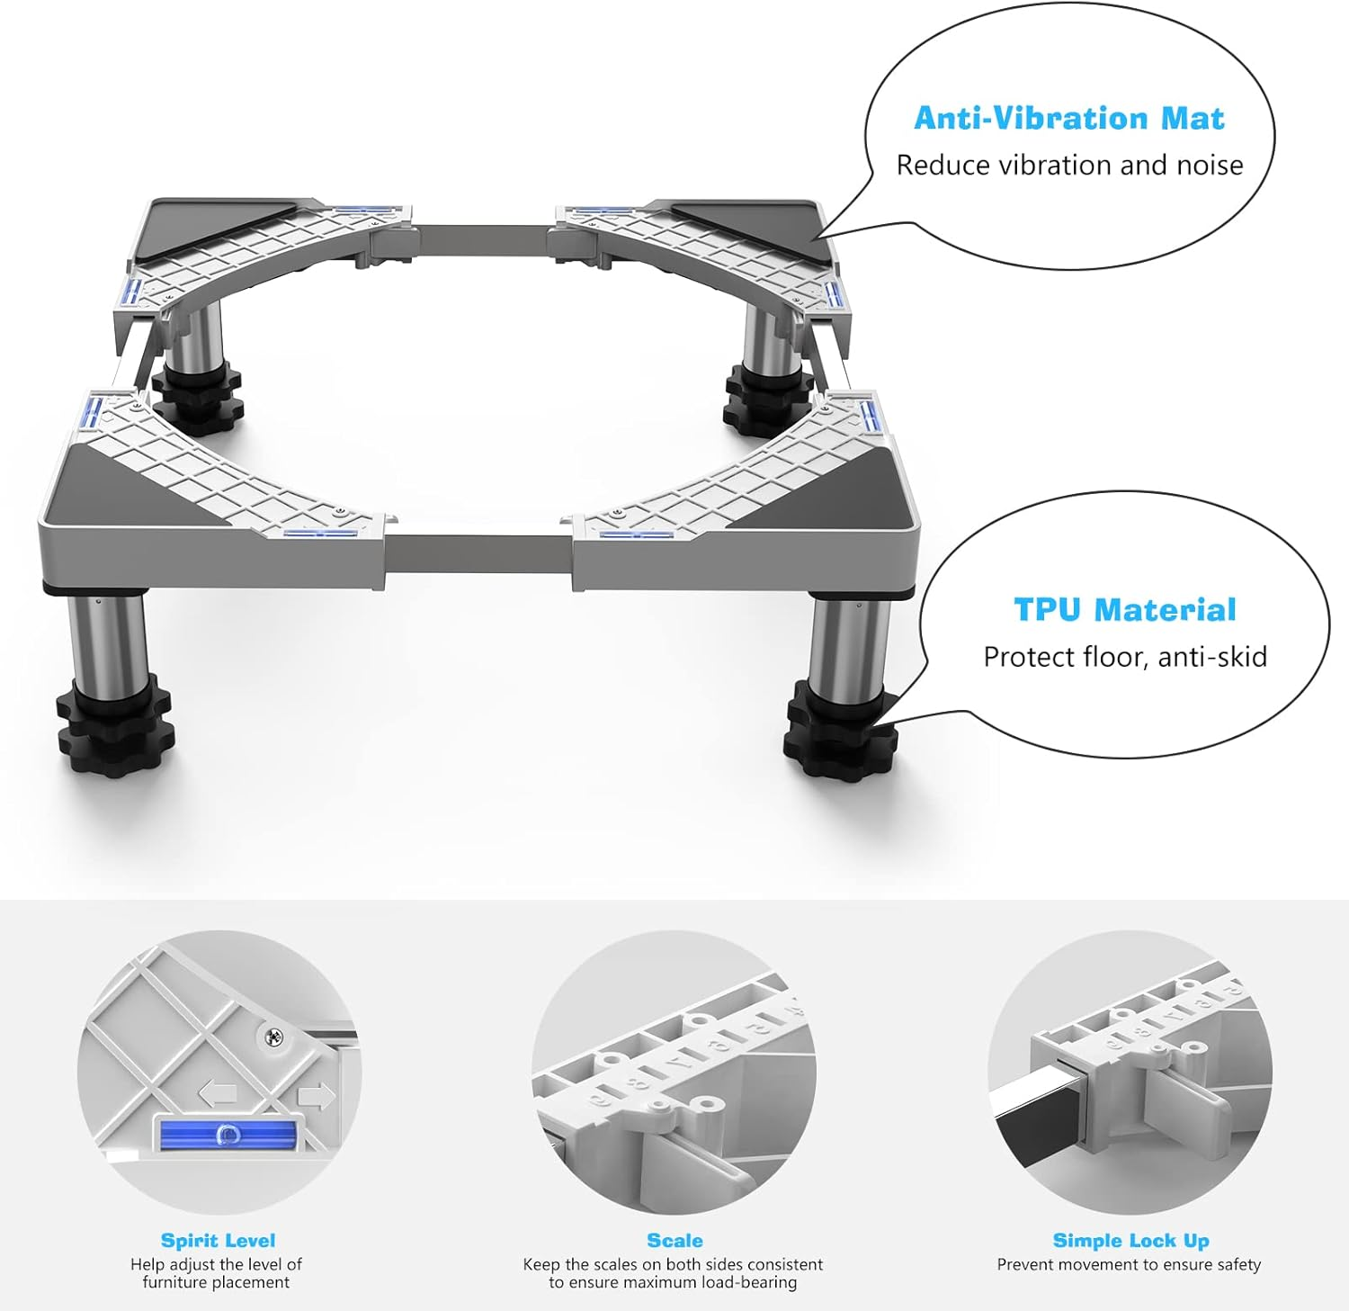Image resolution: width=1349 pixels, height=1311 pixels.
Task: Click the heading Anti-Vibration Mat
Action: [1069, 118]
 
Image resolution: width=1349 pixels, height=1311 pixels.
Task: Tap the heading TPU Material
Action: [1125, 609]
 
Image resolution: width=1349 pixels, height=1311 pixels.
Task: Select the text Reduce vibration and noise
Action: [1069, 166]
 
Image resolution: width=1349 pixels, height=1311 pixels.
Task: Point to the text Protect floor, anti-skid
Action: [1125, 657]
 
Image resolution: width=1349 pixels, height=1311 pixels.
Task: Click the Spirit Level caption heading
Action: [218, 1240]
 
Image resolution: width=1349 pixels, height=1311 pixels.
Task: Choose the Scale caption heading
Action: [674, 1240]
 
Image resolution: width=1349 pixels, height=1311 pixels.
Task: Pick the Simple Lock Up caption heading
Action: [1130, 1240]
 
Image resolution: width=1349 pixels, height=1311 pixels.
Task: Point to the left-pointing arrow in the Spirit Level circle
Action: [217, 1094]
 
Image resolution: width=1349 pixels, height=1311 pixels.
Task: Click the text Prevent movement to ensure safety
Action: [1129, 1264]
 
